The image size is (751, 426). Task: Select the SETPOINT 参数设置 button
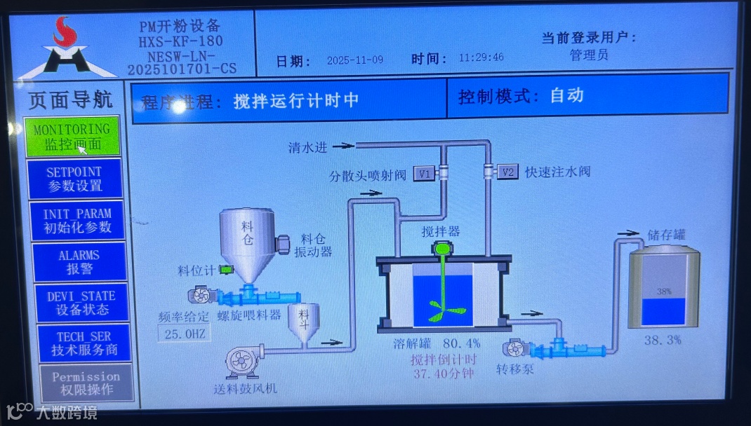(74, 179)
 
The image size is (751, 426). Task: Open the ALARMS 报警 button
(79, 261)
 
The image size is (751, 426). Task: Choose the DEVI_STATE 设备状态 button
(81, 303)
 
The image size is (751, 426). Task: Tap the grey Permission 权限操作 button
(86, 383)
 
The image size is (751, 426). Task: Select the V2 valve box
(507, 172)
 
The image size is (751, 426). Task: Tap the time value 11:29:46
(481, 57)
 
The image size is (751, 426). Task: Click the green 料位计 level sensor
(226, 270)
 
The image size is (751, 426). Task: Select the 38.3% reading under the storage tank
(663, 340)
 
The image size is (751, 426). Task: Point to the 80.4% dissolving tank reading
(461, 344)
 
